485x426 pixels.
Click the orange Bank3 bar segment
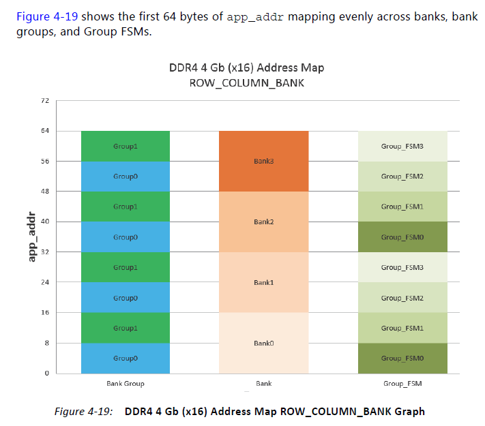pyautogui.click(x=263, y=161)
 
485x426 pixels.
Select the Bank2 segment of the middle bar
pyautogui.click(x=263, y=222)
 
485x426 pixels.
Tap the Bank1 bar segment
pyautogui.click(x=263, y=282)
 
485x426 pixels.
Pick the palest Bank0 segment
pyautogui.click(x=263, y=343)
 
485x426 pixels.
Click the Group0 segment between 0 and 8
pyautogui.click(x=126, y=358)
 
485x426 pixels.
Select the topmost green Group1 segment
pyautogui.click(x=126, y=146)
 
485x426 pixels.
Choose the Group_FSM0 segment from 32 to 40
pyautogui.click(x=402, y=237)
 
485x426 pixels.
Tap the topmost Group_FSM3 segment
pyautogui.click(x=402, y=146)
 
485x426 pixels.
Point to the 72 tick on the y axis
pyautogui.click(x=46, y=101)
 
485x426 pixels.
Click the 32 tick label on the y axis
pyautogui.click(x=46, y=252)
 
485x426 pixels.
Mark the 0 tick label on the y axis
pyautogui.click(x=47, y=374)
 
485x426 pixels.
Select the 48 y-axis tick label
pyautogui.click(x=46, y=192)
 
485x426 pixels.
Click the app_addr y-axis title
pyautogui.click(x=31, y=237)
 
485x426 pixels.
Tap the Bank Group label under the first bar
pyautogui.click(x=126, y=384)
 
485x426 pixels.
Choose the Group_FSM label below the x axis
pyautogui.click(x=402, y=384)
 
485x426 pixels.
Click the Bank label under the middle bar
pyautogui.click(x=263, y=384)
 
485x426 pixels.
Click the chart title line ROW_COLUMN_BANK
pyautogui.click(x=247, y=82)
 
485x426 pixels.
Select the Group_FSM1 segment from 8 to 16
pyautogui.click(x=402, y=328)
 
